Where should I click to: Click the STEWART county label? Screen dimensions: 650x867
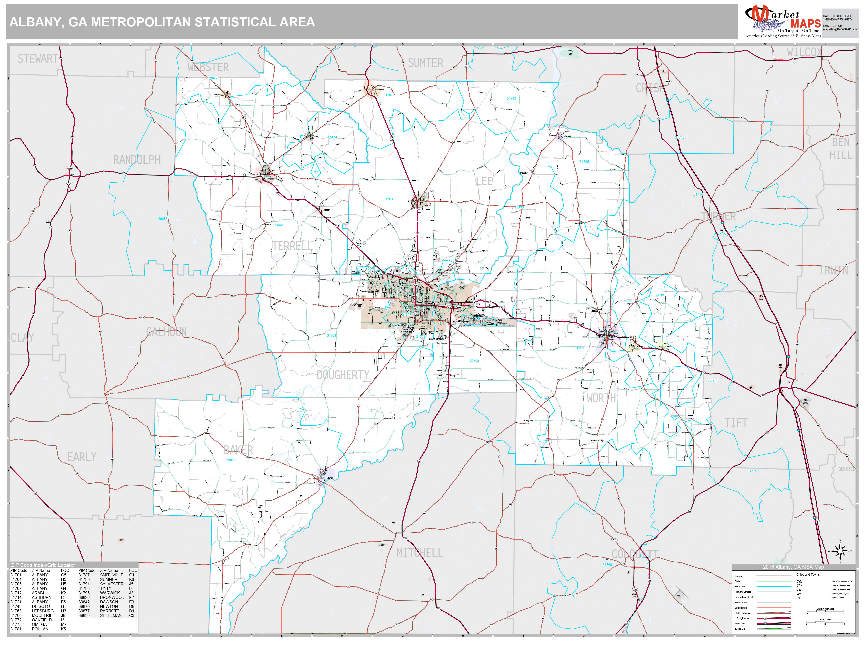[38, 59]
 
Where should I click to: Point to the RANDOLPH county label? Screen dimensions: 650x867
[136, 160]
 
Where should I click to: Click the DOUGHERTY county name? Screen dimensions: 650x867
[343, 375]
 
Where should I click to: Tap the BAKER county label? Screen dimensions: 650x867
[238, 450]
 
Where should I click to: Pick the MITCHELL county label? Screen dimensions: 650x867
[419, 553]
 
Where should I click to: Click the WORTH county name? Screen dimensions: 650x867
[601, 398]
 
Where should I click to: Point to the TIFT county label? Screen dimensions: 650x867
[736, 423]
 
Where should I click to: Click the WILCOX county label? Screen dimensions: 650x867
[804, 52]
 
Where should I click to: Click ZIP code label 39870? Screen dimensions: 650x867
[231, 460]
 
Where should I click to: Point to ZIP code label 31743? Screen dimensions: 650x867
[511, 98]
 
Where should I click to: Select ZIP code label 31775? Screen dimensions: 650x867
[752, 471]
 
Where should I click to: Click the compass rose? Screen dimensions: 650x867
[840, 551]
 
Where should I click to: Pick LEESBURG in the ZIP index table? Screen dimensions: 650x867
[43, 611]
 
